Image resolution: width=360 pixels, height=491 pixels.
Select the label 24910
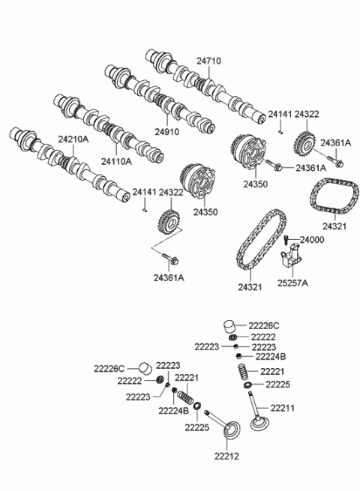tap(168, 130)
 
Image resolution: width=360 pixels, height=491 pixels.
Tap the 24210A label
tap(72, 140)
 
